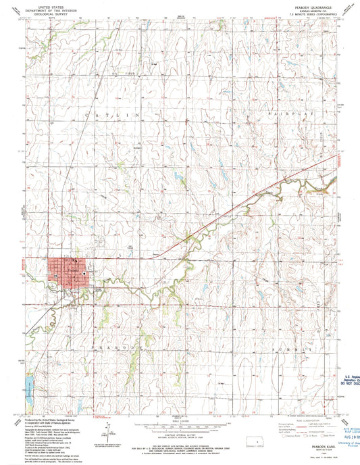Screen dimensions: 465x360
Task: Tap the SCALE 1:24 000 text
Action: coord(180,421)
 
